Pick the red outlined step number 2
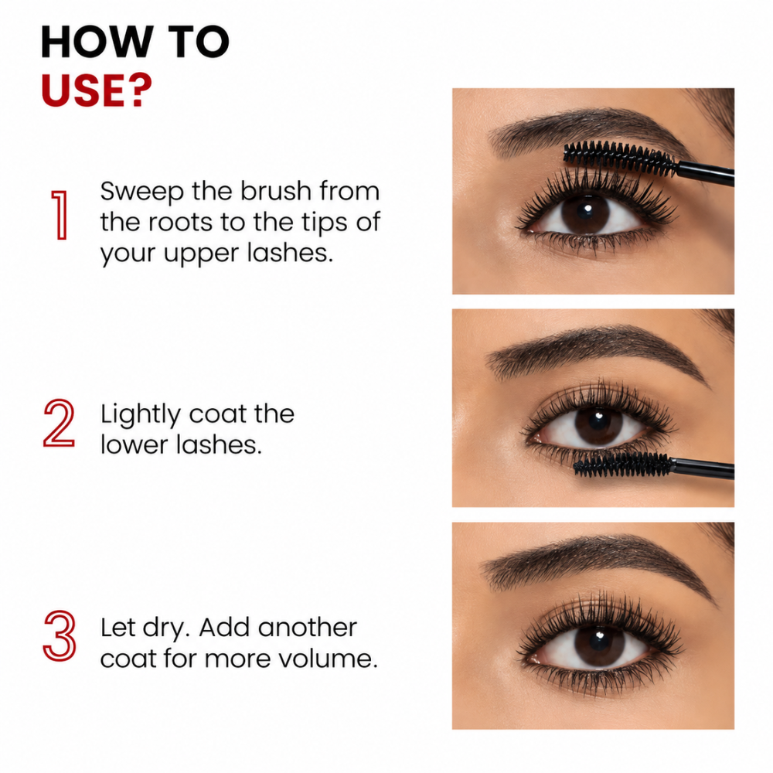pyautogui.click(x=60, y=423)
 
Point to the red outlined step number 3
pyautogui.click(x=60, y=635)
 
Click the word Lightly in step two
pyautogui.click(x=141, y=414)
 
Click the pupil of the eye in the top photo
pyautogui.click(x=585, y=213)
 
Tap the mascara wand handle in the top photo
pyautogui.click(x=706, y=173)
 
